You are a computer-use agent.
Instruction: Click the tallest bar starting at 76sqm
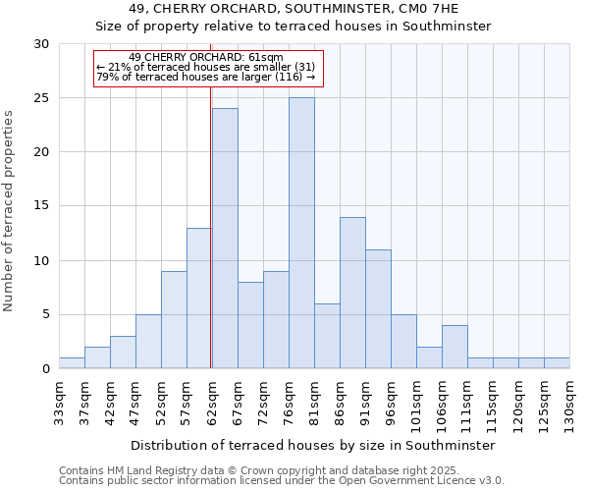pyautogui.click(x=301, y=233)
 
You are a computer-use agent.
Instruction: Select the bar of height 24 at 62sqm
pyautogui.click(x=225, y=239)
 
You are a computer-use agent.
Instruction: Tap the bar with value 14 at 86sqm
pyautogui.click(x=352, y=293)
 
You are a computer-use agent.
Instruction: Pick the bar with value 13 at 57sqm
pyautogui.click(x=199, y=299)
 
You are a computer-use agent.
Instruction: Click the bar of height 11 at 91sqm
pyautogui.click(x=378, y=309)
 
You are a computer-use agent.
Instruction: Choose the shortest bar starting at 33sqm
pyautogui.click(x=72, y=363)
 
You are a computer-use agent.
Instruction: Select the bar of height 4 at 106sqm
pyautogui.click(x=455, y=347)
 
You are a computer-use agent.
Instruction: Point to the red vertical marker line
pyautogui.click(x=210, y=226)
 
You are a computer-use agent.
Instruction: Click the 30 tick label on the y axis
pyautogui.click(x=41, y=44)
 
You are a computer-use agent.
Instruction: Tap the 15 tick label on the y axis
pyautogui.click(x=41, y=206)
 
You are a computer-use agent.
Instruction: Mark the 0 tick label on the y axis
pyautogui.click(x=45, y=369)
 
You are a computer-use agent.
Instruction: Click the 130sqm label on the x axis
pyautogui.click(x=569, y=405)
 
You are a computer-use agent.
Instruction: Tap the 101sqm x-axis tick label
pyautogui.click(x=416, y=405)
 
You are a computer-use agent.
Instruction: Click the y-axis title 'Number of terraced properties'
pyautogui.click(x=10, y=211)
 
